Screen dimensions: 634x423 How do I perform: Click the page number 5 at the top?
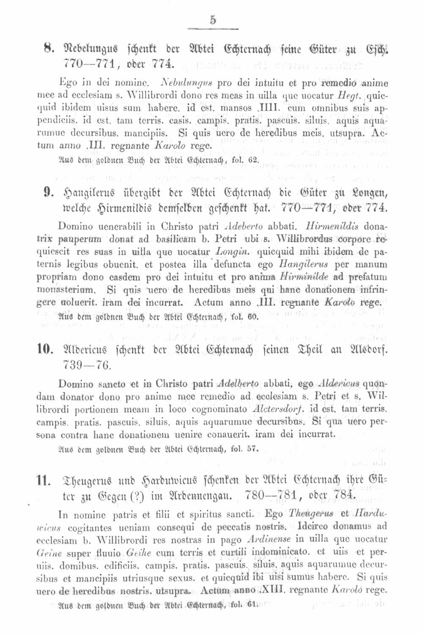point(212,20)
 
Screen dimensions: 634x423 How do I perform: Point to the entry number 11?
point(44,481)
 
